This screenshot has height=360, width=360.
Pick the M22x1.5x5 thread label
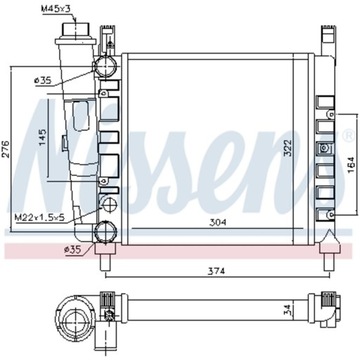38,216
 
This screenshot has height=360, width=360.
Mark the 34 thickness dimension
344,311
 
